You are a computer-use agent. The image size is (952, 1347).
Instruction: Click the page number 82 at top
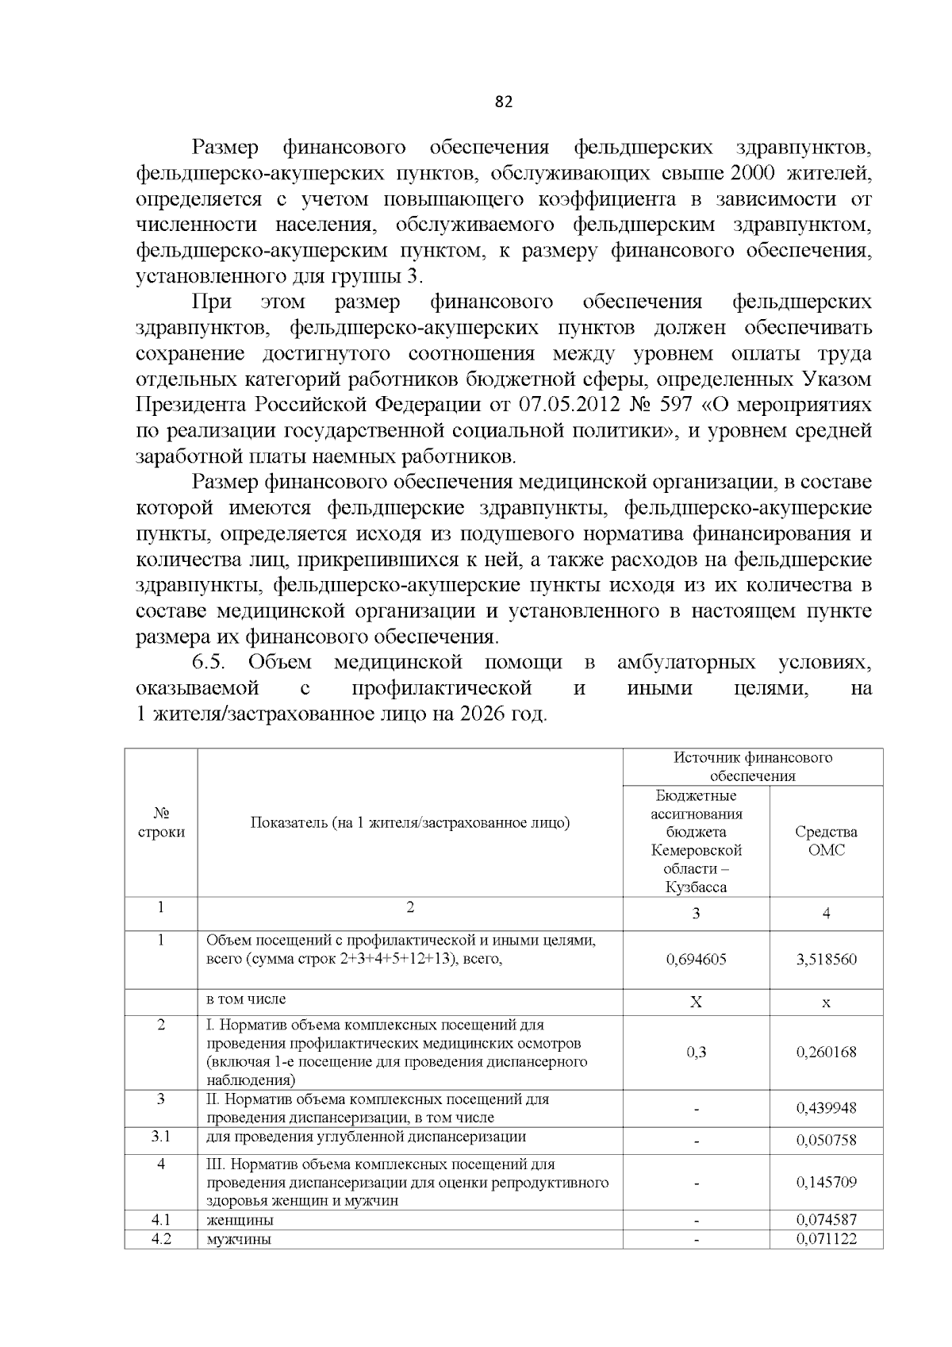[504, 102]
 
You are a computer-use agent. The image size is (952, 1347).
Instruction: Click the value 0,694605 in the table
[696, 959]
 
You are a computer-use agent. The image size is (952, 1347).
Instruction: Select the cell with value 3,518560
[826, 959]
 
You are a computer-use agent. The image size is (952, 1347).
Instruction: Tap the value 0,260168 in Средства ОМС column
[826, 1052]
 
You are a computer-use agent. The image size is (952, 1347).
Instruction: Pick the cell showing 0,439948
[826, 1108]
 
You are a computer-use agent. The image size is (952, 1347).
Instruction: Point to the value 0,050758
[826, 1141]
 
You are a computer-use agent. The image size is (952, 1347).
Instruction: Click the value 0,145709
[826, 1182]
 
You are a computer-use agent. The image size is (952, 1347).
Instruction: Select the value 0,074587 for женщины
[826, 1219]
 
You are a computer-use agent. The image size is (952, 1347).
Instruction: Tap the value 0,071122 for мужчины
[826, 1238]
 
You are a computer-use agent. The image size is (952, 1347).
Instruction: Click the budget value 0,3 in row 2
[696, 1052]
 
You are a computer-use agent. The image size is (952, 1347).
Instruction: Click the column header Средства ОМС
[826, 841]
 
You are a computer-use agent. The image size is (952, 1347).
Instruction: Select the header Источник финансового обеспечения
[753, 766]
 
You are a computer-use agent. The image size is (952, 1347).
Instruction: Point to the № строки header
[161, 823]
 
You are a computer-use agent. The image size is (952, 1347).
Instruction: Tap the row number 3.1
[161, 1136]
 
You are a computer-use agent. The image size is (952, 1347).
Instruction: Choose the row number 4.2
[161, 1238]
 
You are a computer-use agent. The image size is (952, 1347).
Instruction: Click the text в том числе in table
[246, 999]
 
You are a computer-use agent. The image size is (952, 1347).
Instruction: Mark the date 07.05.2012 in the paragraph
[570, 405]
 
